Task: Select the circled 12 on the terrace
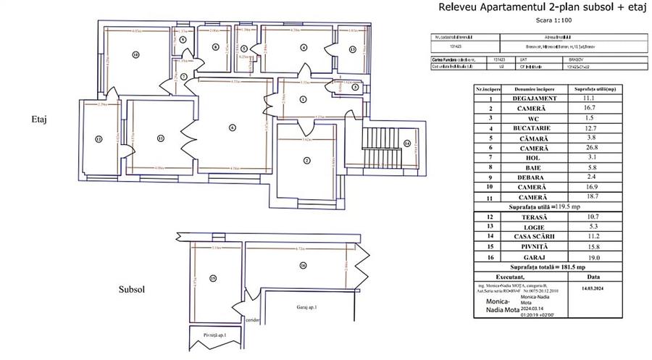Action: (96, 139)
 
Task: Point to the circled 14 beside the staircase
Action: (407, 143)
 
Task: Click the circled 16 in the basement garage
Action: (302, 266)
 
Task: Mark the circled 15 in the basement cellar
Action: (213, 277)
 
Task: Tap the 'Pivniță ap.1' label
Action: (215, 335)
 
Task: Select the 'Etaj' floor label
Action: (40, 120)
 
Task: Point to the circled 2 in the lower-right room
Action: (306, 160)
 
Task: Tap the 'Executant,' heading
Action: (522, 276)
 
